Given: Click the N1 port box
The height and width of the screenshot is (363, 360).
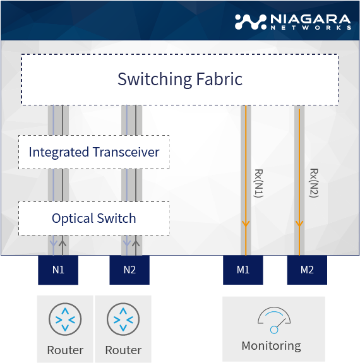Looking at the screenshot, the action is click(x=58, y=270).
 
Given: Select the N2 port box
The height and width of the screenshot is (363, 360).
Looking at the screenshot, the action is click(x=129, y=270).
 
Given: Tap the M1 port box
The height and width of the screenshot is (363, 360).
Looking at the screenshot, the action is click(x=243, y=270).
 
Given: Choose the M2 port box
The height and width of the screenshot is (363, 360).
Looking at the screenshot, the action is click(x=307, y=270).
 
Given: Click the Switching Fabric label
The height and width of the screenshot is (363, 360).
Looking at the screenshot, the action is click(x=180, y=80).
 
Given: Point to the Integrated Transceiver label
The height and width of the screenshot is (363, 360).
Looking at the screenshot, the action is click(x=94, y=152).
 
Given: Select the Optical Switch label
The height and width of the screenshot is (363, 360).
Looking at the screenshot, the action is click(x=94, y=218).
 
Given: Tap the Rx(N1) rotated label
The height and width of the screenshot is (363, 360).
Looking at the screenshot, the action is click(x=259, y=183).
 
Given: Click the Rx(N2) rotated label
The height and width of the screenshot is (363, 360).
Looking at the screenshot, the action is click(x=314, y=183).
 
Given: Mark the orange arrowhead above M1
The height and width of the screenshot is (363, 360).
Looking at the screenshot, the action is click(x=246, y=223).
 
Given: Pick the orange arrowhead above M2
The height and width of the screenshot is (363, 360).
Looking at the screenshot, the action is click(x=299, y=223).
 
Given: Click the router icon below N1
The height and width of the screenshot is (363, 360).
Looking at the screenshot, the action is click(x=65, y=319).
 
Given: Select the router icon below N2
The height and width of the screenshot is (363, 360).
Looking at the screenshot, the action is click(x=123, y=319).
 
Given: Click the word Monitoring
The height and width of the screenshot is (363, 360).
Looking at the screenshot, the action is click(x=272, y=346).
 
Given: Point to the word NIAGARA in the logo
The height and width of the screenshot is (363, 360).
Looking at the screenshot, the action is click(x=311, y=19).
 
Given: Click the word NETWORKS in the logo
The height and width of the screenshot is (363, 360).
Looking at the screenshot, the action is click(x=311, y=28).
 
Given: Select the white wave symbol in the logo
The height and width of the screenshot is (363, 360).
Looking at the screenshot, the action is click(x=251, y=22).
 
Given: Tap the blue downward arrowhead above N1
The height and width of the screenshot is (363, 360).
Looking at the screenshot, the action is click(x=54, y=243).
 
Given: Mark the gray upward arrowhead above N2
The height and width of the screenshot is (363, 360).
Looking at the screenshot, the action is click(x=136, y=243).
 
